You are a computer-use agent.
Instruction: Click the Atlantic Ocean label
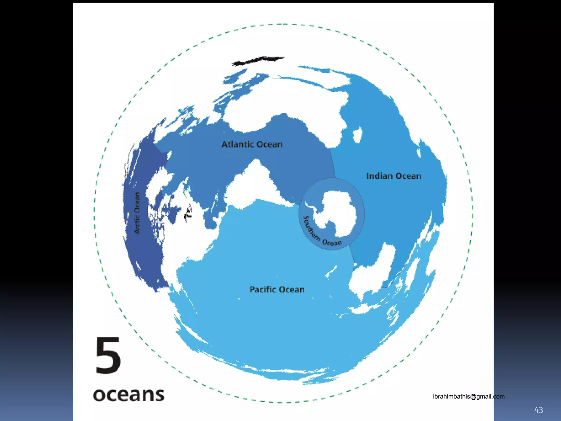coord(252,144)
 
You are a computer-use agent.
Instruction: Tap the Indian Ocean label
coord(394,176)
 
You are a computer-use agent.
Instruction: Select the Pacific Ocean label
coord(277,289)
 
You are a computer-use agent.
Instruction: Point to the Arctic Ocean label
coord(137,213)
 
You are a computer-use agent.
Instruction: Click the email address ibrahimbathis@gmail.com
coord(468,396)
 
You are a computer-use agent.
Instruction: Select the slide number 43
coord(538,410)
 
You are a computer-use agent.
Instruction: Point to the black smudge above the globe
coord(257,61)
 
